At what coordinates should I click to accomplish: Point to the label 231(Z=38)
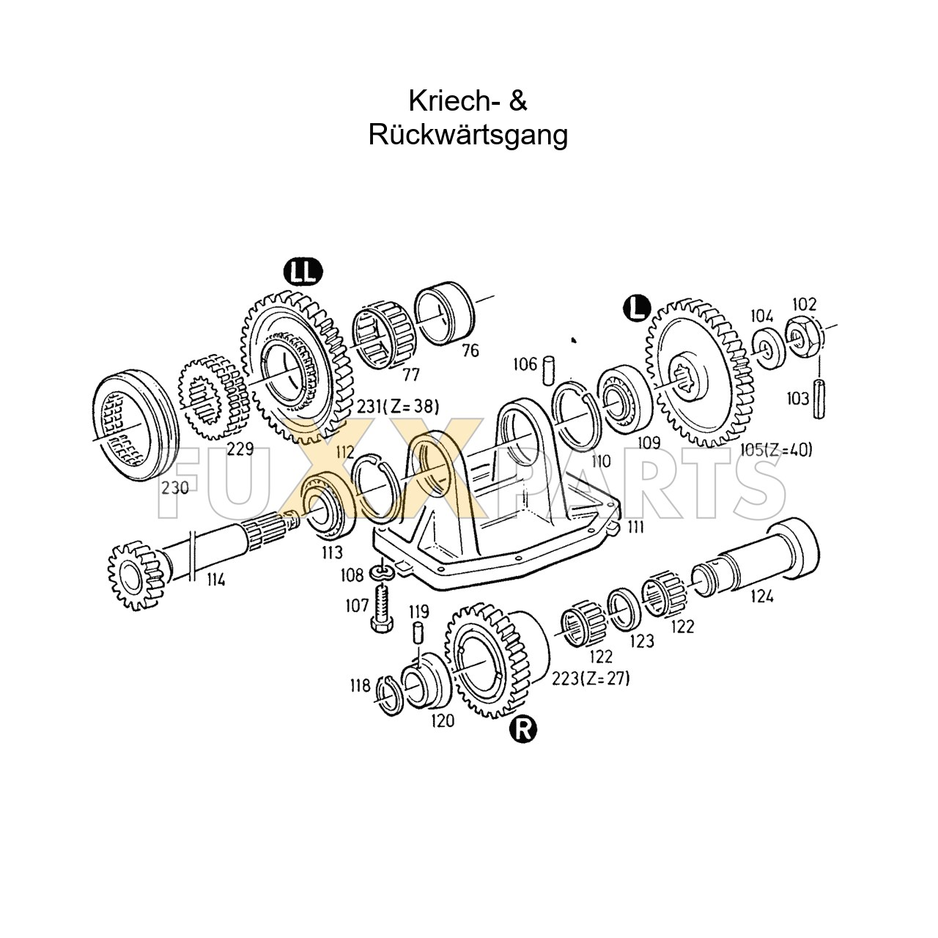click(395, 407)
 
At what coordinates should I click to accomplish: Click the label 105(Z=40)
click(775, 451)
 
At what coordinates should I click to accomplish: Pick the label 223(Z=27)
click(591, 679)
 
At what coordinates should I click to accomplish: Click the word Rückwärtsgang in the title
click(468, 135)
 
